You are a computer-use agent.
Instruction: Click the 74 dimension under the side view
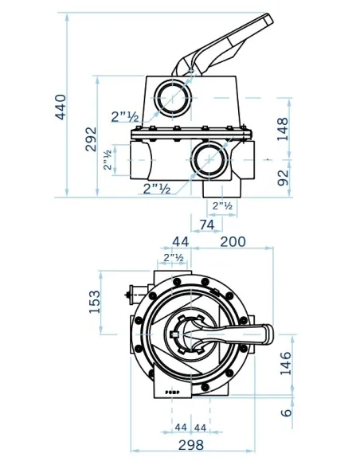(206, 225)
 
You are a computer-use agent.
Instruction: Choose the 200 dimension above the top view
(233, 242)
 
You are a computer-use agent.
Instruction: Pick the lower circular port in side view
(209, 157)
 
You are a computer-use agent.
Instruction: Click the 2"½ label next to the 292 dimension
(125, 117)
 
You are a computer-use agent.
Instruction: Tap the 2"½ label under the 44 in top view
(174, 258)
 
